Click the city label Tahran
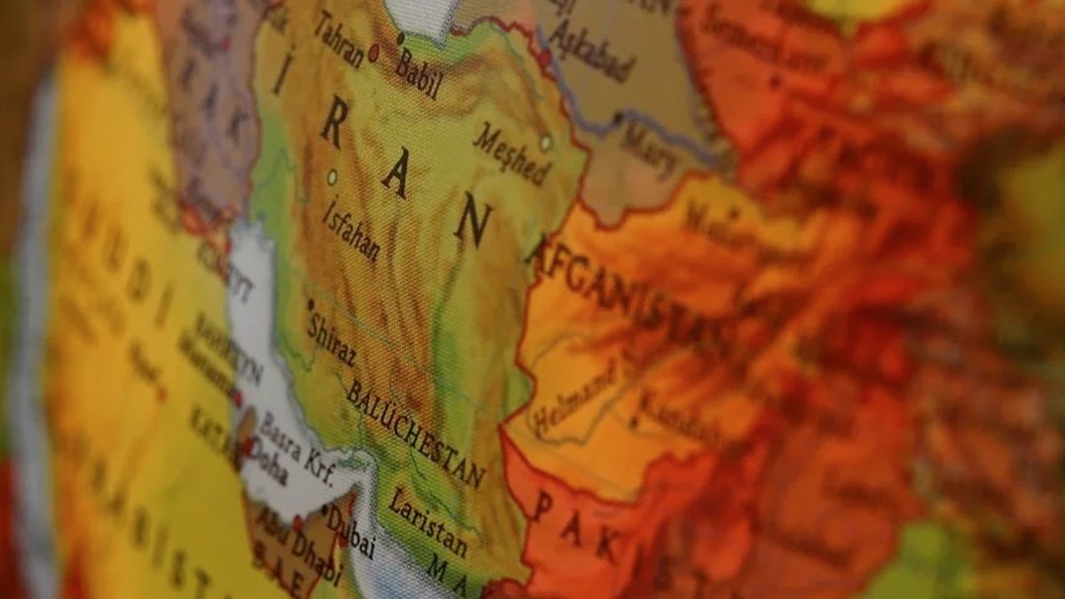338,39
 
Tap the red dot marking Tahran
374,52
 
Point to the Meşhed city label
511,154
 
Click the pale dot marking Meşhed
546,141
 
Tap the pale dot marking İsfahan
332,176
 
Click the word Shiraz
331,338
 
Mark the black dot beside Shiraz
311,304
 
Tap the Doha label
267,462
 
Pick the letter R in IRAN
333,127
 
